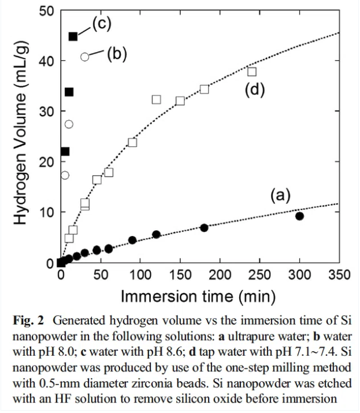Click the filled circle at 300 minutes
[x=299, y=216]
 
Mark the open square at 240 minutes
[x=252, y=72]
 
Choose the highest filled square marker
[x=73, y=36]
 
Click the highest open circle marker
[x=85, y=57]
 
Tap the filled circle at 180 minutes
[x=204, y=227]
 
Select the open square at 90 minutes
[x=132, y=142]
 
